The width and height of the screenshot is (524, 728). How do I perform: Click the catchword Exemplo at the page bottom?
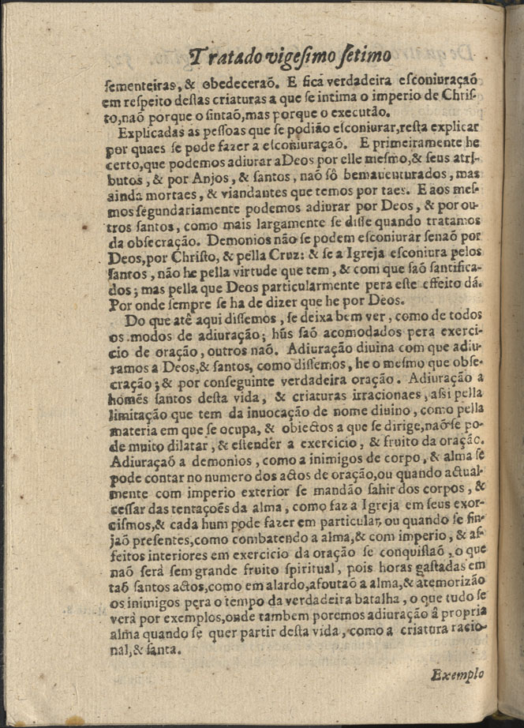457,675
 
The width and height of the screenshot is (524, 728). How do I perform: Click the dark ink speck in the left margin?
84,227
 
